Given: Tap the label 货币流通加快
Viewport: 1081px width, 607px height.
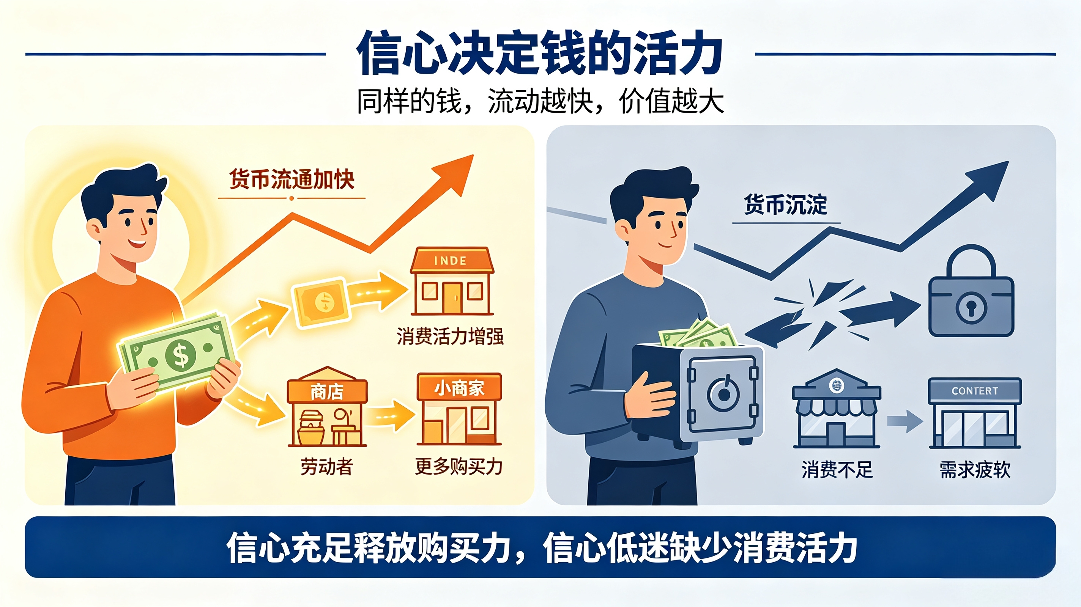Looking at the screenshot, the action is pos(292,179).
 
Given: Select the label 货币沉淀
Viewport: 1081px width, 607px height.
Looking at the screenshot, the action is pos(786,205).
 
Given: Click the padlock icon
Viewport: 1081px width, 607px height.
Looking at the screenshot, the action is pos(971,290).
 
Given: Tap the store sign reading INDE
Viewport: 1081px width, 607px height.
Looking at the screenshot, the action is pos(450,261).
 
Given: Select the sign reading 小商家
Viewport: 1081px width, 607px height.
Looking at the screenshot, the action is pos(459,388).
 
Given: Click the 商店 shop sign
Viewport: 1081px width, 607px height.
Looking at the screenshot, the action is pos(327,392).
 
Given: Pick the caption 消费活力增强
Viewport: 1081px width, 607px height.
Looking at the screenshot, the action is pos(450,337).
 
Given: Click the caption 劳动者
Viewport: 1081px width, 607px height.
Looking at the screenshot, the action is pos(326,467).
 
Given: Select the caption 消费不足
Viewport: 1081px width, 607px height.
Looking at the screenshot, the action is pos(837,469).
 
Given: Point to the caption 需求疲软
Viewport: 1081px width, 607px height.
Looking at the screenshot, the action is pos(975,469).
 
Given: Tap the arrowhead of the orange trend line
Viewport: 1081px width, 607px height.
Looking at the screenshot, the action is pos(457,172).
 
